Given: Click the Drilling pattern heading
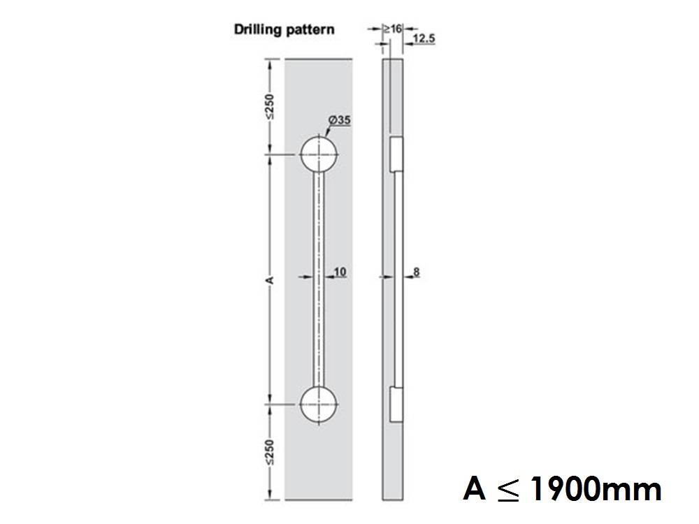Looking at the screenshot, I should pos(283,30).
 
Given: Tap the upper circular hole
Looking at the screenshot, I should pos(319,154).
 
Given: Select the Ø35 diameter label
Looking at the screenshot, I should pos(339,120).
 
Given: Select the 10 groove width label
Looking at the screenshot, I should pos(340,270).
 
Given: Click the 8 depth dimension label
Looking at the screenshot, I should pos(417,271).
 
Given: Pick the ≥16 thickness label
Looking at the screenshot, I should pos(392,29).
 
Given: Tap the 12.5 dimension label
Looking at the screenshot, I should pos(424,38).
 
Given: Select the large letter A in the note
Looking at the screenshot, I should pos(475,489).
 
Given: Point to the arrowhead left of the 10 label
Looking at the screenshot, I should pos(312,277).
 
